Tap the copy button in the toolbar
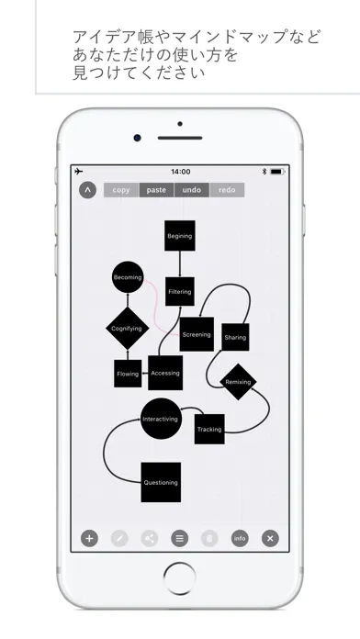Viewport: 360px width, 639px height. pos(121,190)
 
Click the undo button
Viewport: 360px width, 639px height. pos(192,190)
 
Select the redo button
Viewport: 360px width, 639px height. pos(227,190)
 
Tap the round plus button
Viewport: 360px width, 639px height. pos(89,538)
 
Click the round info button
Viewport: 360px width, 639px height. pos(240,538)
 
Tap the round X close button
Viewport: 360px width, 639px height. pos(270,538)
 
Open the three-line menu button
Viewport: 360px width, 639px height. pos(179,538)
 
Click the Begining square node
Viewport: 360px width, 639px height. pos(180,236)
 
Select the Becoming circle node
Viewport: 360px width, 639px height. pos(128,277)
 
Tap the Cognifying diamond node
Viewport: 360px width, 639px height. pos(128,329)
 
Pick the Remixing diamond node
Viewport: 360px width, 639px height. pos(238,382)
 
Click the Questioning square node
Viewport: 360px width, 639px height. pos(161,482)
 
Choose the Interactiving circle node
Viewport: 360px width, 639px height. pos(161,419)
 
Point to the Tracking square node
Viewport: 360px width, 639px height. pos(209,429)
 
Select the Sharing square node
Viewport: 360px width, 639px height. pos(235,337)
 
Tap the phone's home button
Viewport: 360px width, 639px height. pos(180,578)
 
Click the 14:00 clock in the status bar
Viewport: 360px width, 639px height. pos(181,172)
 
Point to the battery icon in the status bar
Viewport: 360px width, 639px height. pos(277,172)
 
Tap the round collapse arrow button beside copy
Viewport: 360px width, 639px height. pos(87,190)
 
